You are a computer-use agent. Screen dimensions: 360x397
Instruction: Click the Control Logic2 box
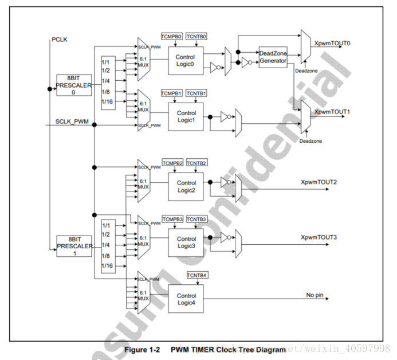click(x=186, y=186)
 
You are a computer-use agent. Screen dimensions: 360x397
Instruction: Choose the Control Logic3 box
click(x=186, y=242)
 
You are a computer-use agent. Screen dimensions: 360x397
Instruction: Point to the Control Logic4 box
click(x=186, y=299)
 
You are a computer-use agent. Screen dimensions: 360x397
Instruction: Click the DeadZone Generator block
click(x=273, y=57)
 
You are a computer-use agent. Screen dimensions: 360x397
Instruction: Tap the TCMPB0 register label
click(x=171, y=36)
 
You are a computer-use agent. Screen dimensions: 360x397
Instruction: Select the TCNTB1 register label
click(x=196, y=92)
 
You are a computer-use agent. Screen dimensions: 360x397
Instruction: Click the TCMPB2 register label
click(x=172, y=163)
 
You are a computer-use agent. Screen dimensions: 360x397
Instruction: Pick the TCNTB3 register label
click(x=196, y=219)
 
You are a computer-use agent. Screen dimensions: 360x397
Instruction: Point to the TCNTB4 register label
click(x=196, y=275)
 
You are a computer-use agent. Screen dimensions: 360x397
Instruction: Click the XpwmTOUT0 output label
click(x=332, y=43)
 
